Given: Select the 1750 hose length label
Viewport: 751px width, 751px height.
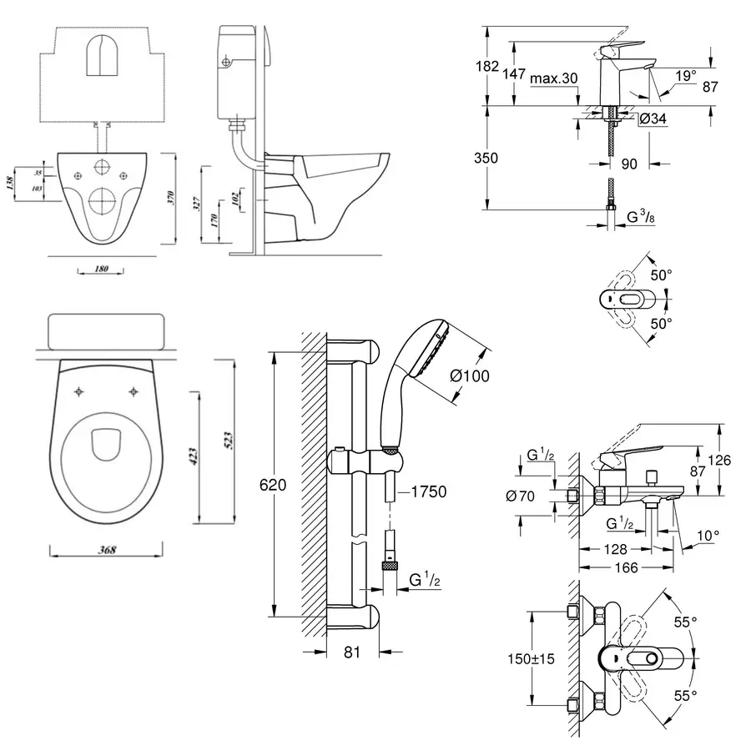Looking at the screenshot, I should (428, 493).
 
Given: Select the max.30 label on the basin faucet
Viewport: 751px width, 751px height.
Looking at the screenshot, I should (553, 78).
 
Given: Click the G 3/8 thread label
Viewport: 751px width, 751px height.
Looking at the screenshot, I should (639, 219).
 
